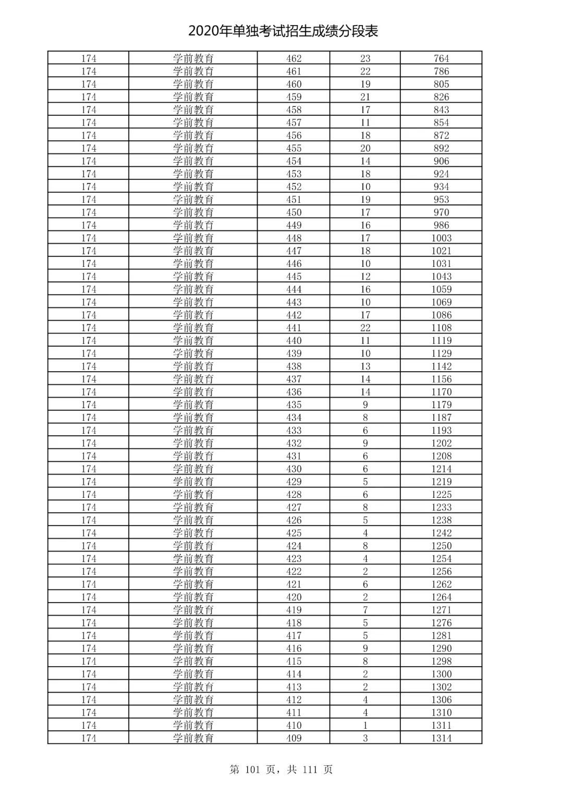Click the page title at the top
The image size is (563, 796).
pos(283,31)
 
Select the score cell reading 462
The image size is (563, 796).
pos(293,58)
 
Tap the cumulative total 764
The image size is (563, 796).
pos(441,58)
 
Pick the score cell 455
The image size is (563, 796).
pos(293,148)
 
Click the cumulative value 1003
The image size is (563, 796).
pos(441,238)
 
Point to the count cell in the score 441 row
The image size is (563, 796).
pos(365,328)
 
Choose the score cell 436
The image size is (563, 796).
pos(293,392)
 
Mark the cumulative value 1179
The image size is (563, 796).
pos(441,405)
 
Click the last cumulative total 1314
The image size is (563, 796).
pos(441,738)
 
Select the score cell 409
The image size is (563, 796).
pos(293,738)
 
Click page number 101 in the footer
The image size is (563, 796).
pos(254,769)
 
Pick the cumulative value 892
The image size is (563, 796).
pos(441,148)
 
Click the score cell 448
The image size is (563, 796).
pos(293,238)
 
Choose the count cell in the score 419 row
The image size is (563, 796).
pos(365,610)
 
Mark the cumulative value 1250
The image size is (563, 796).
pos(441,546)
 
